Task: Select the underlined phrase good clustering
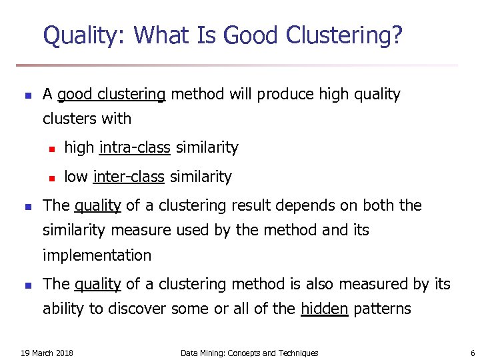111,95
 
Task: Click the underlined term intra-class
135,147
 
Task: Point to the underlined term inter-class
129,177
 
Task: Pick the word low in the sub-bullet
77,177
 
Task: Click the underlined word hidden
325,309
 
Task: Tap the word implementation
97,255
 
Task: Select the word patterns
382,309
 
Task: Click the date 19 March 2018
47,353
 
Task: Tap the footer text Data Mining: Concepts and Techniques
249,353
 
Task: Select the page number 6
472,353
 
